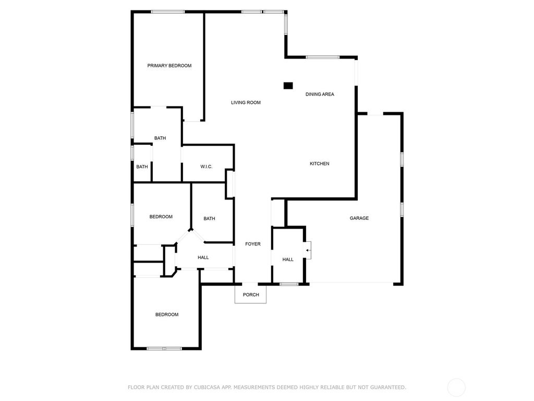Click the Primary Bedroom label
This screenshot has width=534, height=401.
(x=169, y=65)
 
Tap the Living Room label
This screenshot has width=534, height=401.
(x=246, y=102)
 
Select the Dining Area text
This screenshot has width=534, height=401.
(x=320, y=94)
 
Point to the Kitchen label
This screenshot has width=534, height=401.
(x=320, y=163)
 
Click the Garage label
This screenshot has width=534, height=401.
(x=359, y=218)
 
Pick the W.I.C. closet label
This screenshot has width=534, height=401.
(x=207, y=167)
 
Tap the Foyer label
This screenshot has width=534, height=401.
(x=253, y=244)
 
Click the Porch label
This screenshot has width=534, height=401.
(x=251, y=295)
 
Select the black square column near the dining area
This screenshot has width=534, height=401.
(x=288, y=86)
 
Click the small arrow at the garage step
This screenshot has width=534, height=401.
(x=308, y=251)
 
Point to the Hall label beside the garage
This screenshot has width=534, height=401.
(x=288, y=260)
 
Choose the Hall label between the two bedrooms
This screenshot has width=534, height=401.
(x=203, y=257)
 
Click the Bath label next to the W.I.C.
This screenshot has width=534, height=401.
(x=160, y=138)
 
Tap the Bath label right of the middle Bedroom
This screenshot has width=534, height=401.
(x=210, y=219)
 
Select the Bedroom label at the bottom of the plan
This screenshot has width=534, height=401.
(x=167, y=315)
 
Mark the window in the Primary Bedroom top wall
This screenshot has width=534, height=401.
(x=168, y=12)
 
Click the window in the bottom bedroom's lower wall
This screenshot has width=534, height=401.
(x=164, y=348)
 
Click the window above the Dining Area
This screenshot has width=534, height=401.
(x=323, y=57)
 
